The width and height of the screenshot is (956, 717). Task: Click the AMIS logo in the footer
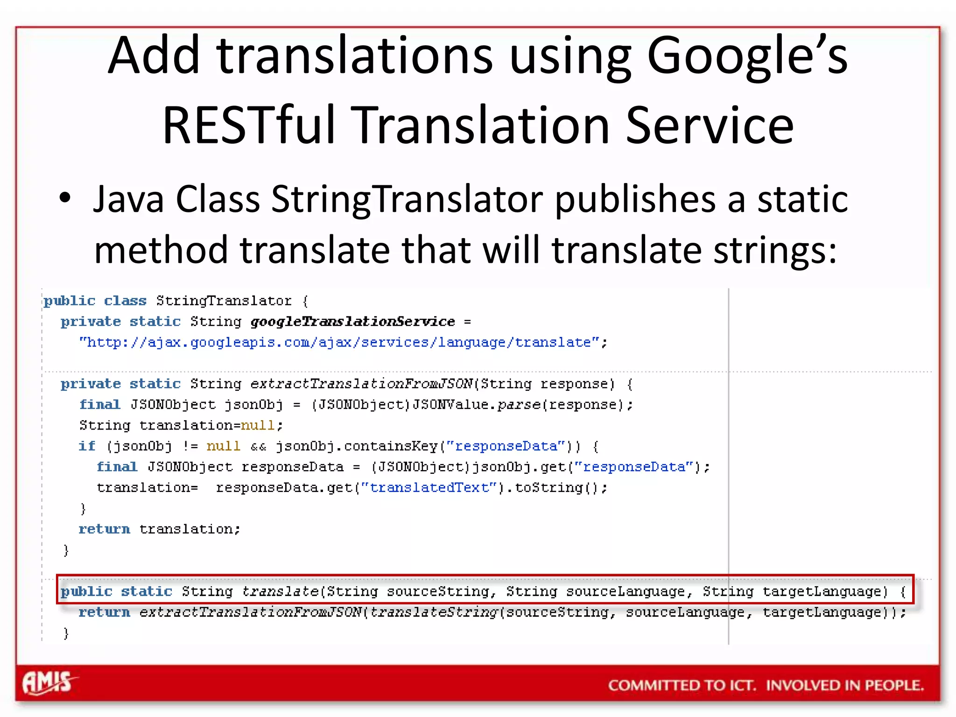tap(48, 682)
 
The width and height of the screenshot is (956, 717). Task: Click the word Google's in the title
tap(747, 56)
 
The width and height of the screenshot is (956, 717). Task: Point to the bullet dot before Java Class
tap(65, 198)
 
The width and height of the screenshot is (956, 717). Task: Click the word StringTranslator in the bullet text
tap(407, 199)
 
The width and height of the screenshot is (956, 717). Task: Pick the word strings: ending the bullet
tap(775, 250)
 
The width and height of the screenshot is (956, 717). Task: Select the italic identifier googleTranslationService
tap(352, 322)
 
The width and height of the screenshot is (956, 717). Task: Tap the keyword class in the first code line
tap(125, 301)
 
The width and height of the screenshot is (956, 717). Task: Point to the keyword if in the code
tap(87, 446)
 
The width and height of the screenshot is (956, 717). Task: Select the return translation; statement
tap(159, 529)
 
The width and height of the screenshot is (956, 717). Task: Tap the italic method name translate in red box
tap(280, 591)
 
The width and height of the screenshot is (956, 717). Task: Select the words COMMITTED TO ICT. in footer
tap(682, 685)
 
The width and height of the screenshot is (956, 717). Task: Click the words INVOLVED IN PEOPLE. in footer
tap(845, 685)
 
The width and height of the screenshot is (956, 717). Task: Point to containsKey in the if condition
tap(391, 446)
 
